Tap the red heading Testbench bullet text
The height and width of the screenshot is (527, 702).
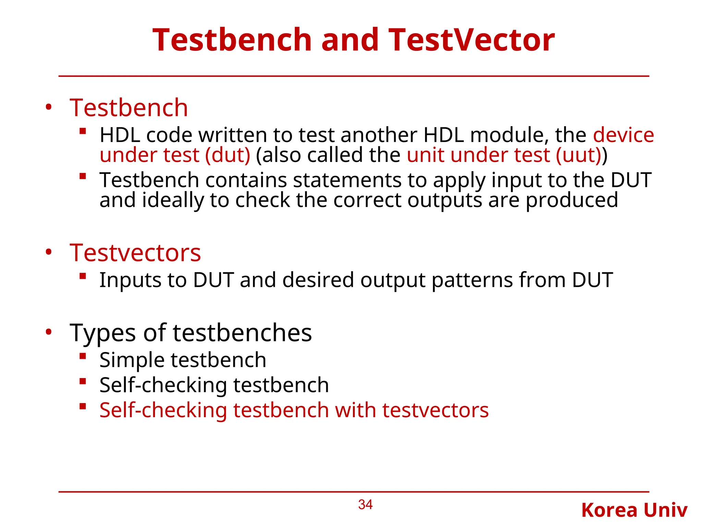click(129, 108)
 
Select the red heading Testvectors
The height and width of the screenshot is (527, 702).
click(135, 253)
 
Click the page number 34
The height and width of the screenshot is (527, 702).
click(365, 505)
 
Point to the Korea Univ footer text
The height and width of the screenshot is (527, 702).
click(634, 510)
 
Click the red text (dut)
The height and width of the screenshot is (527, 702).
click(228, 155)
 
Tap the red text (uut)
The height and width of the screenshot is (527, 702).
click(579, 155)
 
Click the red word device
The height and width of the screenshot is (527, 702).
click(623, 135)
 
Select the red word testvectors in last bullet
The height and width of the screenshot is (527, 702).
click(435, 410)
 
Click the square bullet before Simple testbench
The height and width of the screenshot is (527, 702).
click(82, 356)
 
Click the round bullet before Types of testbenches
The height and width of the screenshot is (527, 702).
click(49, 332)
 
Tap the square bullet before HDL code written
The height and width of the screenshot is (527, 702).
click(82, 131)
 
